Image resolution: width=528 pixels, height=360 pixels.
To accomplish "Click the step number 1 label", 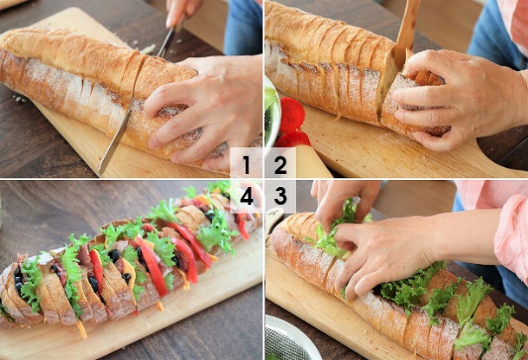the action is coord(247,164).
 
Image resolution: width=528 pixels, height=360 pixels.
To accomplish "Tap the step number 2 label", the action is coord(280,164).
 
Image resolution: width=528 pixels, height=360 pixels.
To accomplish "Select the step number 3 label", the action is coord(280,196).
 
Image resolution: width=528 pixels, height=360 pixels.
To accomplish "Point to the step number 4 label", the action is coord(247,196).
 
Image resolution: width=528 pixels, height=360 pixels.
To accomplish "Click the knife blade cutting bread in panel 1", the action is coord(114,138).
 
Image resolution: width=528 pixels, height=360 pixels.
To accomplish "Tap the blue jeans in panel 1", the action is coord(242,27).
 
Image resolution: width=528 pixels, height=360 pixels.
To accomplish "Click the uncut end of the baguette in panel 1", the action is coord(14,64).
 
